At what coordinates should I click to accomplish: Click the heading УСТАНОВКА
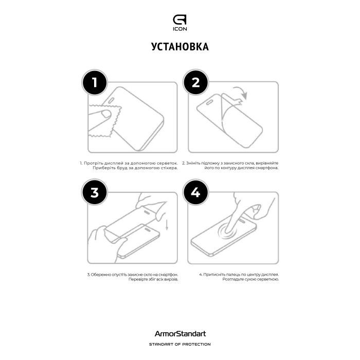click(180, 47)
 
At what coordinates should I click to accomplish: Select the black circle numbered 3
click(94, 192)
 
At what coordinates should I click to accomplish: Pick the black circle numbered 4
click(195, 192)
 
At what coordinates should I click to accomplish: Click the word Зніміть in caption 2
click(194, 163)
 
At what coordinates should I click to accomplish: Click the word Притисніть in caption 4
click(212, 275)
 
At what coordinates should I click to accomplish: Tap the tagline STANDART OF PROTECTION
click(180, 344)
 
